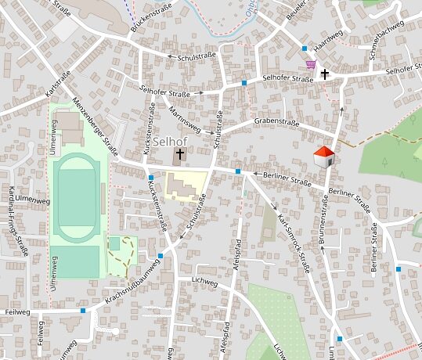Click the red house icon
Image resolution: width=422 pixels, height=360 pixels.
pyautogui.click(x=324, y=156)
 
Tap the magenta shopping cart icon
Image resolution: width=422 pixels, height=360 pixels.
pyautogui.click(x=311, y=65)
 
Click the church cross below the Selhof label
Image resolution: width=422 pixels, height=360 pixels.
pyautogui.click(x=179, y=156)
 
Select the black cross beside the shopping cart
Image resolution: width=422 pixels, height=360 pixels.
pyautogui.click(x=324, y=74)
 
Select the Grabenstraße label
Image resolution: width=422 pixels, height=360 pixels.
pyautogui.click(x=277, y=123)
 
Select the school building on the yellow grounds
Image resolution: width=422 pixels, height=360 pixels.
pyautogui.click(x=182, y=185)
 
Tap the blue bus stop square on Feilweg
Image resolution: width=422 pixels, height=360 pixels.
pyautogui.click(x=83, y=311)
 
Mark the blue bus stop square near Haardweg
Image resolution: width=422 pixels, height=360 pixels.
pyautogui.click(x=305, y=49)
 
